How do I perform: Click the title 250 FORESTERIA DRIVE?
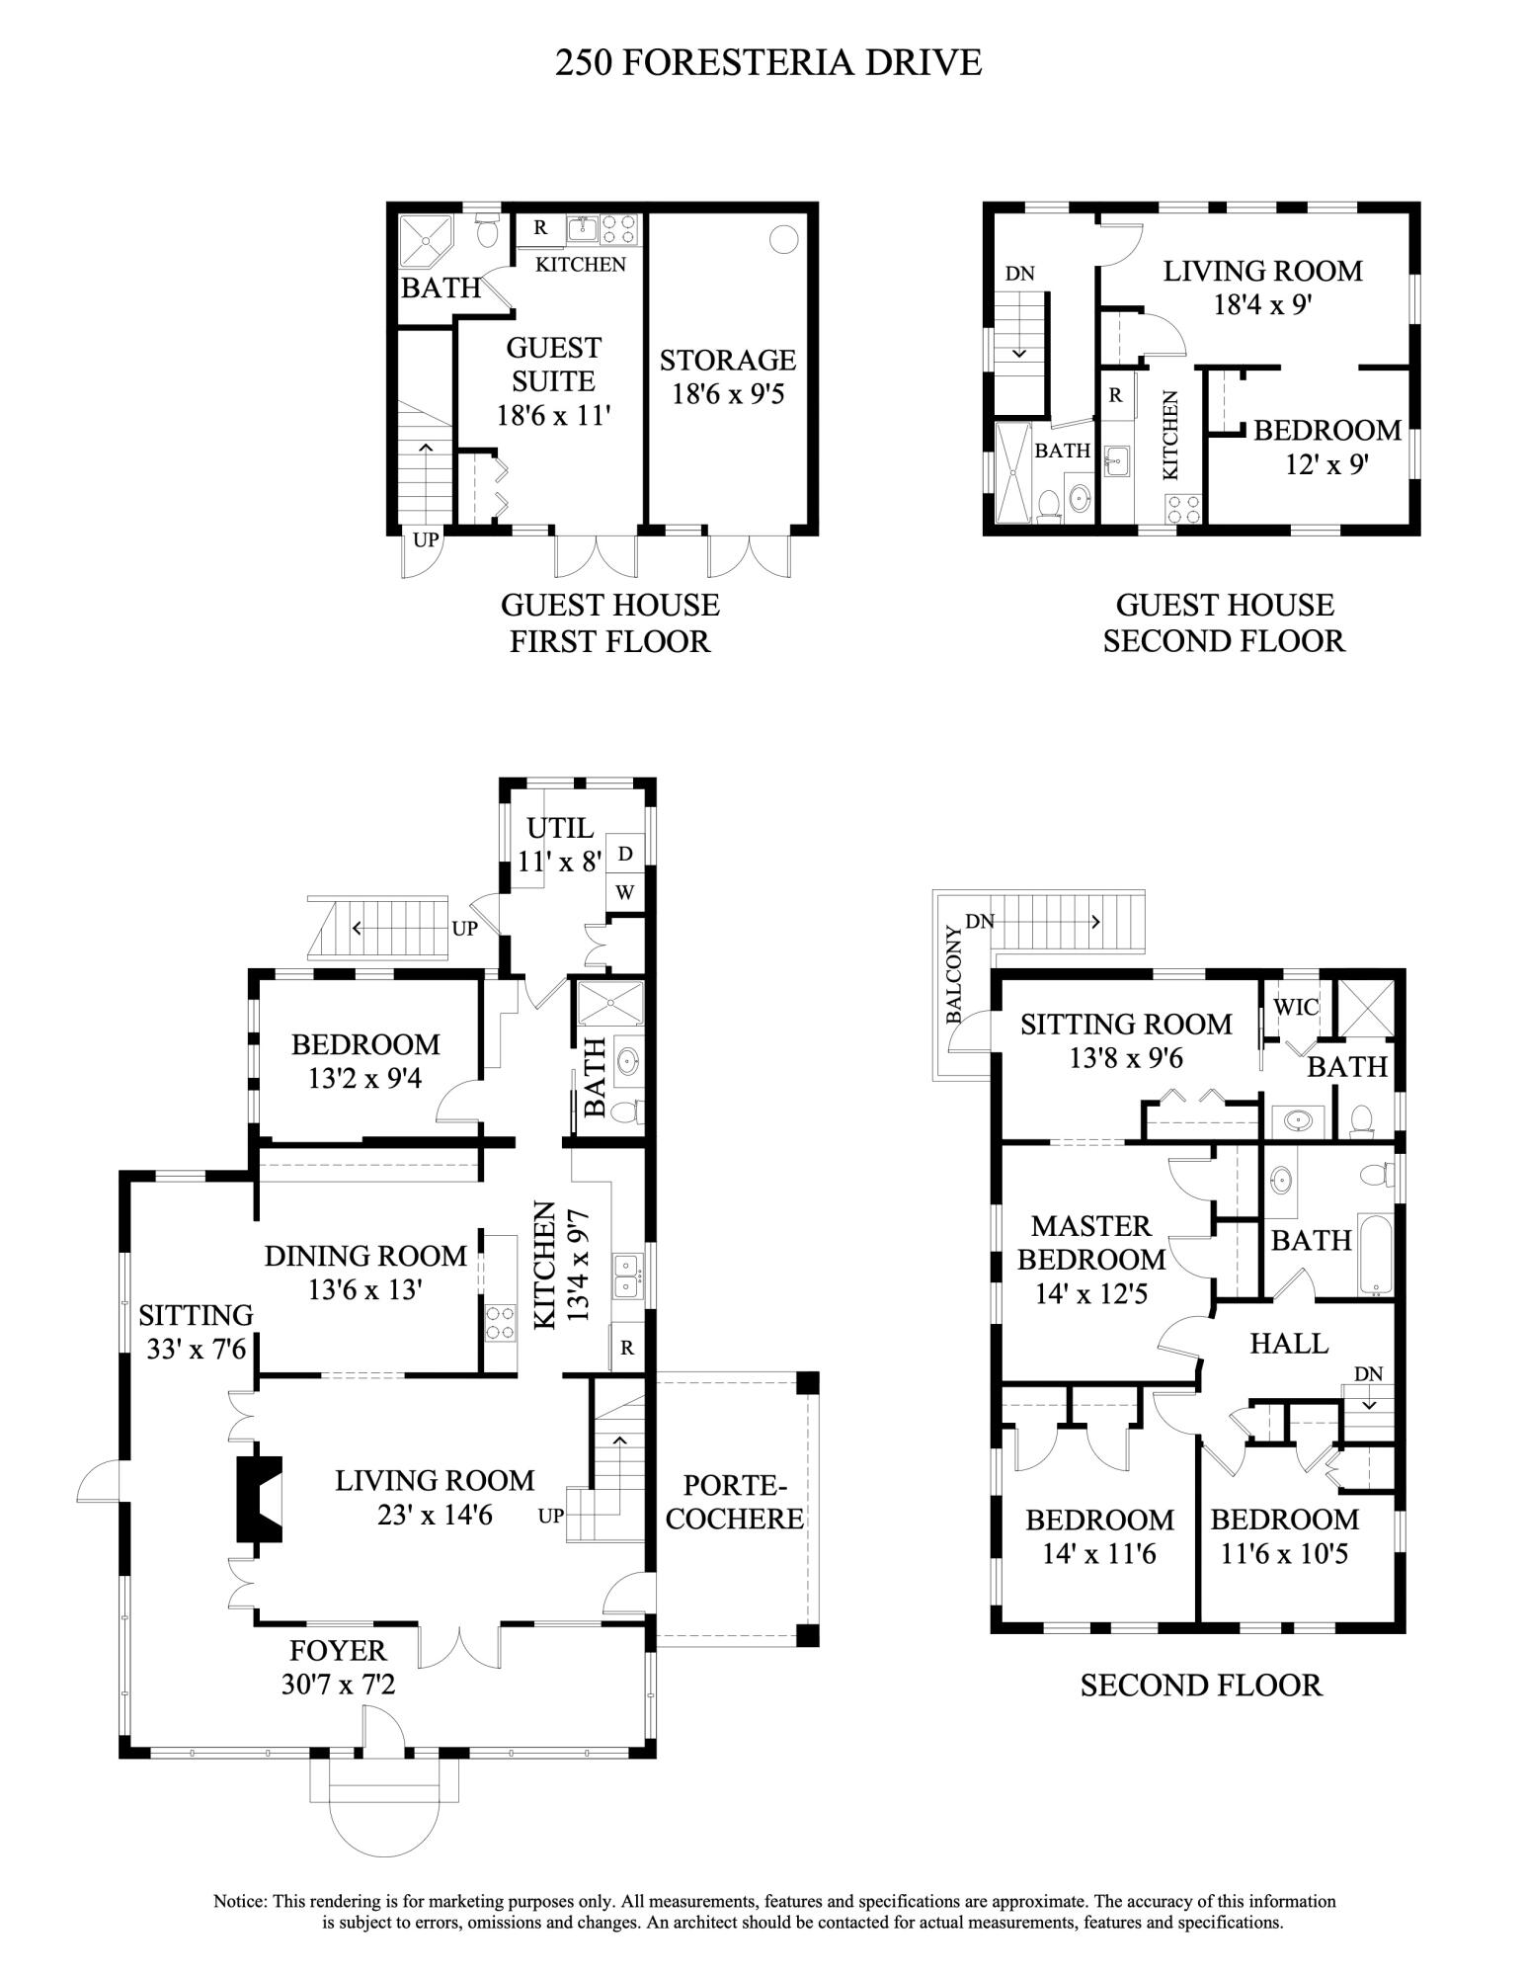(x=768, y=62)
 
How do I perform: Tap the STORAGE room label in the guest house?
(x=728, y=360)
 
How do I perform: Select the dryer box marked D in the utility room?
(x=625, y=853)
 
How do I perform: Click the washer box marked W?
(x=625, y=892)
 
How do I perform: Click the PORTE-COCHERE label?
(x=734, y=1501)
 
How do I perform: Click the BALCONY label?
(x=953, y=973)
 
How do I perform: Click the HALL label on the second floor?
(x=1289, y=1343)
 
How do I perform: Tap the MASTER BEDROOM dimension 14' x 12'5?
(x=1090, y=1294)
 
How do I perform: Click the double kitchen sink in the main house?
(x=626, y=1276)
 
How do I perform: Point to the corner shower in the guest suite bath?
(x=426, y=240)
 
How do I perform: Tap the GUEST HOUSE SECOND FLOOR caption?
(x=1224, y=622)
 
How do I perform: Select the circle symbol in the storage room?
(x=783, y=238)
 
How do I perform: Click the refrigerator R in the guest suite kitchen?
(x=540, y=228)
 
